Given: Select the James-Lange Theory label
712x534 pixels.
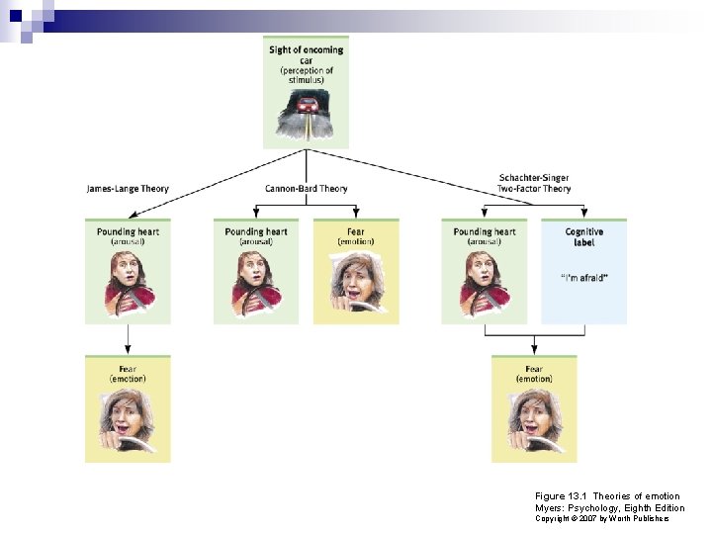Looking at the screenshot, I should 128,188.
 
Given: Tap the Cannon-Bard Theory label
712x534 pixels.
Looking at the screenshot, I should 307,188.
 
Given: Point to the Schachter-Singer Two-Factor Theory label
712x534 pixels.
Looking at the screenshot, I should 534,183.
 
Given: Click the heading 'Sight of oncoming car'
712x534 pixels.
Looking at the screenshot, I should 307,54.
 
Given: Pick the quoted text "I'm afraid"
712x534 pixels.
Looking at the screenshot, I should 583,277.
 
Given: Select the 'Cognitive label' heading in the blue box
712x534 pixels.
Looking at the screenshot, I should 583,236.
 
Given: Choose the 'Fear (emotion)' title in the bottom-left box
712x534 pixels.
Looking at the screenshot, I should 128,374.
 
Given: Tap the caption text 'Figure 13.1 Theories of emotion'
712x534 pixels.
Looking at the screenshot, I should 607,496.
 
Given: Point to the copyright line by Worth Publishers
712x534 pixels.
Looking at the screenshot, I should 602,519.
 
